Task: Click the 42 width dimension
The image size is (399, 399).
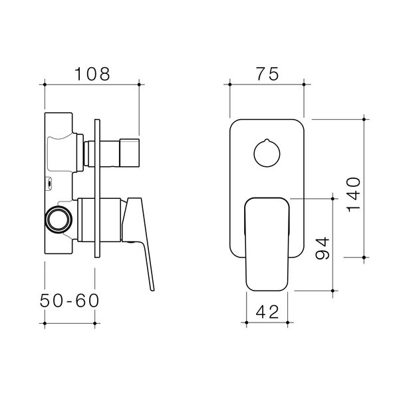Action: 267,311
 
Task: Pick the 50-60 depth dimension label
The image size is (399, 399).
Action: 69,300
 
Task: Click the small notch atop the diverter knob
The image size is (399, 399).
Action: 267,142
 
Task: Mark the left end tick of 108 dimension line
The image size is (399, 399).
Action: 45,84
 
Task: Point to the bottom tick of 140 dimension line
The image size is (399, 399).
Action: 364,257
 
